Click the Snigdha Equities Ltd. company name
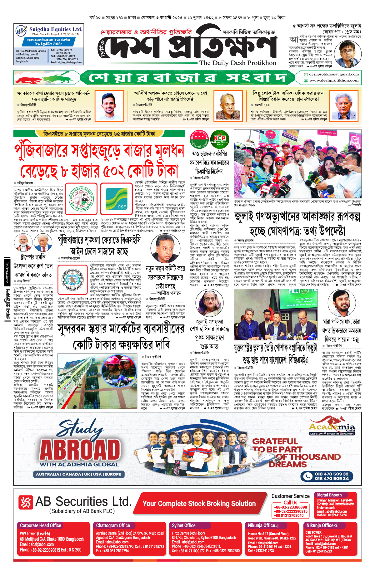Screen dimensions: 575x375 tap(56, 29)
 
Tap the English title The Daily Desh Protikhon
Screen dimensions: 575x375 tap(237, 63)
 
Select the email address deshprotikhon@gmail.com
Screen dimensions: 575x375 tap(333, 74)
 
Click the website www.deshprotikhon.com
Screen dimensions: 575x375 tap(333, 80)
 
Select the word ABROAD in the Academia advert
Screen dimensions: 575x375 tap(80, 450)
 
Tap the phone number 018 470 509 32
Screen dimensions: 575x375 tap(331, 474)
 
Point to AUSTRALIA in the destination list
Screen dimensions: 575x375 tap(47, 474)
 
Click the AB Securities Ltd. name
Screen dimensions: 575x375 tap(83, 502)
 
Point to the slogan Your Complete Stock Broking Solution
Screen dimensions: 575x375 tap(199, 504)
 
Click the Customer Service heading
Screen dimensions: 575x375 tap(290, 496)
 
